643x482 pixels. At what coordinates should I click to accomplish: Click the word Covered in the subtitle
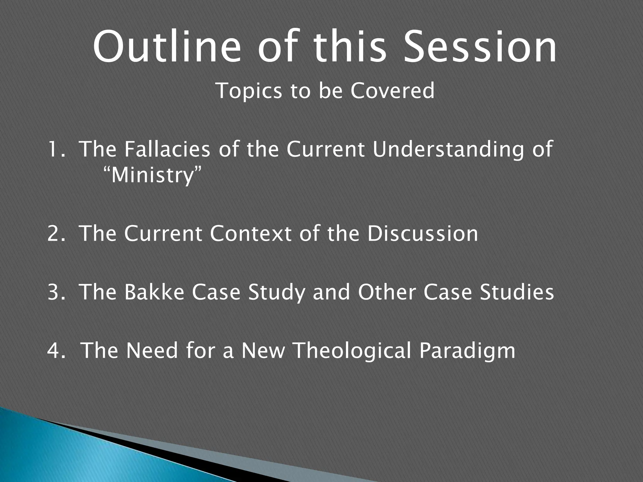pyautogui.click(x=392, y=91)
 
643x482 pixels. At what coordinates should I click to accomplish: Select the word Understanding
pyautogui.click(x=446, y=150)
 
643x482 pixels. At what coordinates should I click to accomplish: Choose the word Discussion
pyautogui.click(x=422, y=234)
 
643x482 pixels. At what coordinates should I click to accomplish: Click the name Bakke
pyautogui.click(x=154, y=292)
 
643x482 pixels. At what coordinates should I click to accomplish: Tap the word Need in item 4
pyautogui.click(x=152, y=351)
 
